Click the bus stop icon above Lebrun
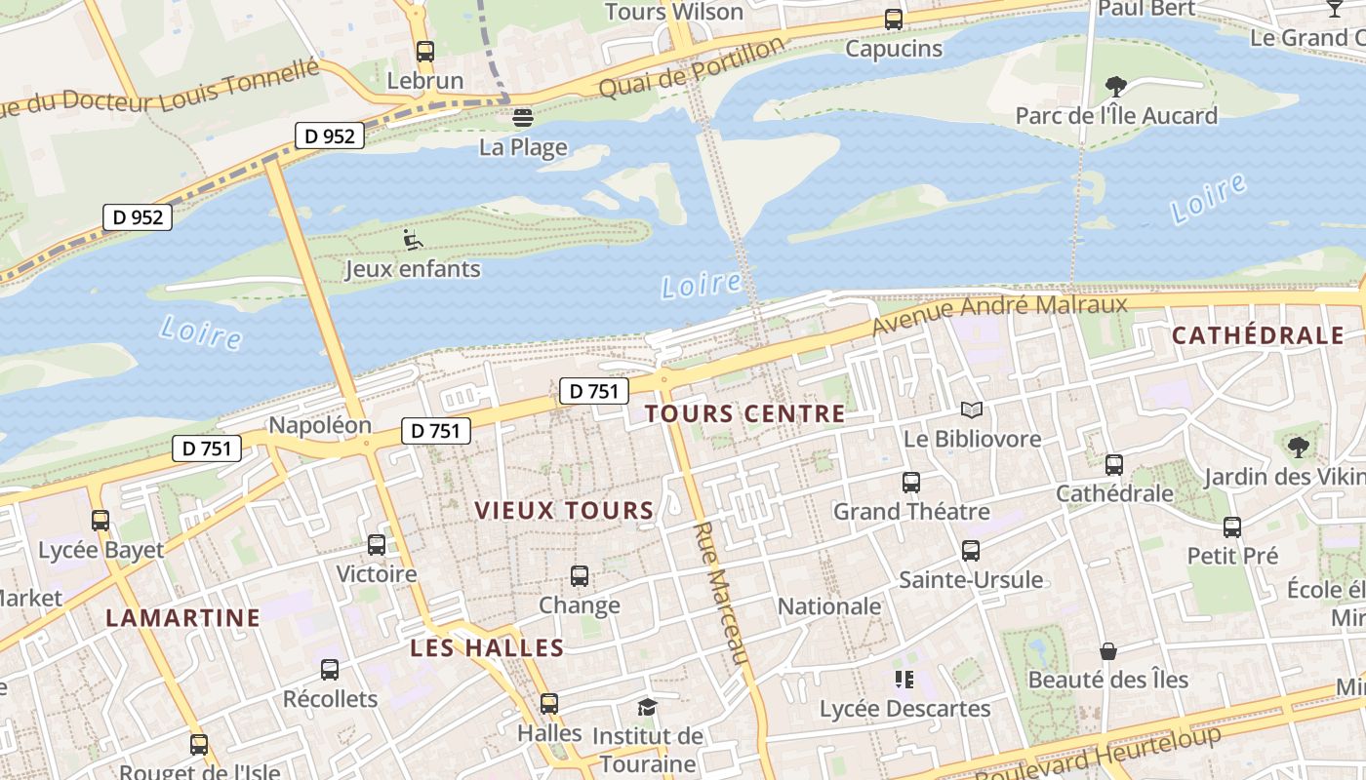click(x=424, y=52)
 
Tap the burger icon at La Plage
click(x=523, y=119)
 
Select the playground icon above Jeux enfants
click(x=413, y=239)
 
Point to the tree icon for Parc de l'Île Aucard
click(x=1116, y=87)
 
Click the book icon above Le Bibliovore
click(x=972, y=409)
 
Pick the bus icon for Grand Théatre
click(x=911, y=483)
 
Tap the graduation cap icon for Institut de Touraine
click(x=646, y=707)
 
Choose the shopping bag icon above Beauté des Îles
click(x=1108, y=650)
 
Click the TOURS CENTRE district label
click(x=745, y=413)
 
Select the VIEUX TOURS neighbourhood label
click(x=564, y=510)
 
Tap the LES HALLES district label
click(x=487, y=647)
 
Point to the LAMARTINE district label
click(x=183, y=617)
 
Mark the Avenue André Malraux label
click(x=999, y=314)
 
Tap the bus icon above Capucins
click(x=894, y=19)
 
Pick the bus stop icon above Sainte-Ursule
click(x=971, y=551)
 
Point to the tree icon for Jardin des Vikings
click(x=1298, y=448)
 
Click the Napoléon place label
click(x=320, y=425)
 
